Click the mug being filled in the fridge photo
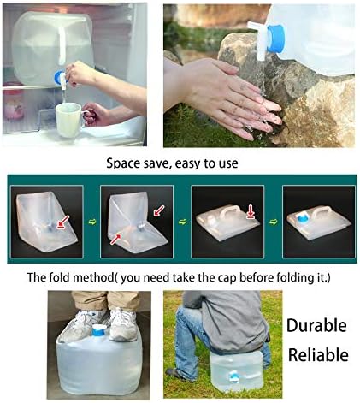point(68,117)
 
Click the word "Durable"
point(316,325)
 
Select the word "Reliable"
point(316,354)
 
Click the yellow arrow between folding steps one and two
point(91,227)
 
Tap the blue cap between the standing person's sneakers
point(98,330)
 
